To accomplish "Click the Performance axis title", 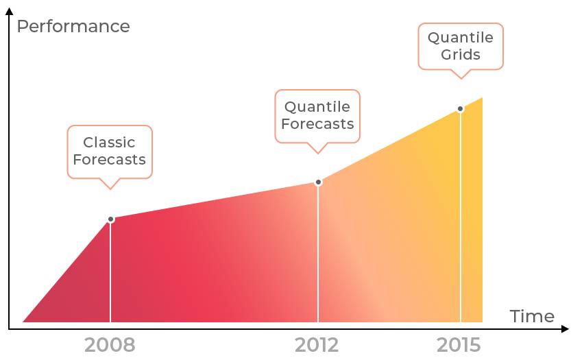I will coord(73,27).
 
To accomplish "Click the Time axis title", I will coord(532,316).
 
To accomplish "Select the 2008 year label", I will coord(110,345).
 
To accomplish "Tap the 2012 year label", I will coord(317,345).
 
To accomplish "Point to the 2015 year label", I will coord(459,345).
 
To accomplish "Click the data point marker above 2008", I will coord(110,219).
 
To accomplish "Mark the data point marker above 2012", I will coord(318,182).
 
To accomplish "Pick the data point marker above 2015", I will coord(460,108).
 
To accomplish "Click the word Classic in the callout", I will coord(109,143).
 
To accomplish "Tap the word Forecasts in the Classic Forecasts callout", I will coord(109,160).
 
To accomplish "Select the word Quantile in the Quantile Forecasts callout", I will coord(317,107).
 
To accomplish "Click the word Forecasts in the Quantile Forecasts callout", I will coord(317,124).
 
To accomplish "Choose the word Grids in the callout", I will coord(461,55).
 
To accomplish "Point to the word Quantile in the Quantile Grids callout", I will coord(461,38).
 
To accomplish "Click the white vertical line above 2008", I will coord(110,274).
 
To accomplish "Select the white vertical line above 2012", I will coord(318,254).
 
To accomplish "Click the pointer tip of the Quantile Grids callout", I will coord(461,77).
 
